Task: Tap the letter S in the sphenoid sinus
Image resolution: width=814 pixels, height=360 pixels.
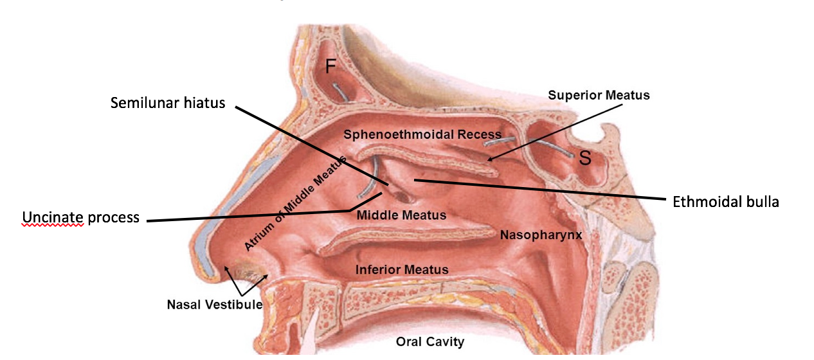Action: click(x=585, y=158)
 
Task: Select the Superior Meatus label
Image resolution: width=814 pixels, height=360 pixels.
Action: click(x=599, y=95)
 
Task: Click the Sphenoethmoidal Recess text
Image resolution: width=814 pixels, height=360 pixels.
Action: click(x=422, y=134)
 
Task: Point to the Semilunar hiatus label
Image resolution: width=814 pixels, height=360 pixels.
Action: click(x=168, y=103)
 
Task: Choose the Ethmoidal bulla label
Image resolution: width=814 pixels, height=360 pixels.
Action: click(x=726, y=202)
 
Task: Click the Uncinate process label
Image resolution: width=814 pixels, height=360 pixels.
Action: click(x=81, y=217)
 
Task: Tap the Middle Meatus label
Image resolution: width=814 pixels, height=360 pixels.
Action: click(x=401, y=215)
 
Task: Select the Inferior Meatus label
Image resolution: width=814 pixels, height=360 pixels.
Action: click(x=402, y=269)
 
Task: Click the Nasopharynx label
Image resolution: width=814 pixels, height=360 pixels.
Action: click(x=541, y=235)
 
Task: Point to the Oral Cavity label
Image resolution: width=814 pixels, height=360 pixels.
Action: click(x=430, y=341)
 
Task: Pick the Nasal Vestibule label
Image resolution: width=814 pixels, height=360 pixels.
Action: click(x=215, y=304)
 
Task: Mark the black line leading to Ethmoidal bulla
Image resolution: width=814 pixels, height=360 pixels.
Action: click(x=547, y=190)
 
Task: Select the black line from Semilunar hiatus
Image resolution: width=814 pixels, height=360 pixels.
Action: click(x=309, y=145)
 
